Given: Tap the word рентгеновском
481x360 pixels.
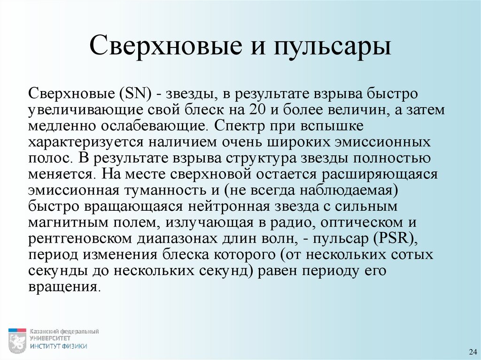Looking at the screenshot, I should click(80, 238).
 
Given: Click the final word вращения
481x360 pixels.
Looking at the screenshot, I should click(63, 286).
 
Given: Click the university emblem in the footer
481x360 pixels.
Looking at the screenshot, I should click(17, 341).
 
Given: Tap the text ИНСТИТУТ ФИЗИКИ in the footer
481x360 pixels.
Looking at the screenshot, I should click(59, 346).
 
